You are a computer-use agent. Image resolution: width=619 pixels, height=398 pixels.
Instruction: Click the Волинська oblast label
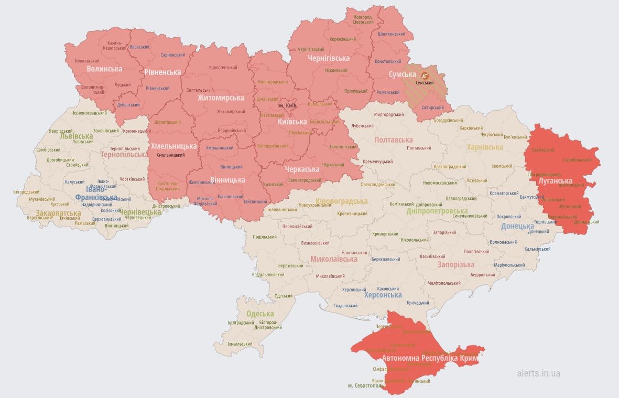pos(104,69)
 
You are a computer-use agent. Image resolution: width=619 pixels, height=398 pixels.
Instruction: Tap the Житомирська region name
pos(221,98)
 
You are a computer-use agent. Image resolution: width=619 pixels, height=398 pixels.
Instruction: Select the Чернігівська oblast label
pos(329,58)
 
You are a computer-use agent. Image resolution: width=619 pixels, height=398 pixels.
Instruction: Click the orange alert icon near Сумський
pos(425,75)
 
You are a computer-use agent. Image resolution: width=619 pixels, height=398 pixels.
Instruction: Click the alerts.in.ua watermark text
pos(538,373)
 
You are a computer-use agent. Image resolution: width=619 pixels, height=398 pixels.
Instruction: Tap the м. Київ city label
pos(288,106)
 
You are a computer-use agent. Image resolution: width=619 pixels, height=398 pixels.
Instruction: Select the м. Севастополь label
pos(365,386)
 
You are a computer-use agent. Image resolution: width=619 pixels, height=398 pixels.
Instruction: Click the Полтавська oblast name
pos(394,140)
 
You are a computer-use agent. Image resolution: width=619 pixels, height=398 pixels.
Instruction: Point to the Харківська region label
pos(485,147)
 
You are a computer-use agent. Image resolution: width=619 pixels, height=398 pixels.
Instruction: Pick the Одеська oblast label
pos(260,314)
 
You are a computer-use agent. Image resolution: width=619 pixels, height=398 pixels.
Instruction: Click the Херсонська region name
pos(383,295)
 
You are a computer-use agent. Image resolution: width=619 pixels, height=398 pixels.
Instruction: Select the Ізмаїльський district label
pos(240,344)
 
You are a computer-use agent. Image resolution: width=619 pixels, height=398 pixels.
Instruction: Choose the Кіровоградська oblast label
pos(342,201)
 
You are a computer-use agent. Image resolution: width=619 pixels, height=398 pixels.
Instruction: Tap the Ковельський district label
pos(87,61)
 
